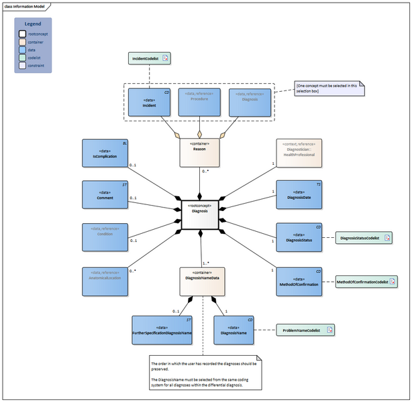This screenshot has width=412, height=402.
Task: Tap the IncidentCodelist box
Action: [x=149, y=58]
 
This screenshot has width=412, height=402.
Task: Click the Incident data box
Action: [x=149, y=102]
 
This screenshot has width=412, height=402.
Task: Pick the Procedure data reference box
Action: [x=199, y=102]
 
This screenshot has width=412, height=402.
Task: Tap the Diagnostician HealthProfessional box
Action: [x=299, y=153]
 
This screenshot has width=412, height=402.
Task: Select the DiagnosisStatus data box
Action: [x=299, y=237]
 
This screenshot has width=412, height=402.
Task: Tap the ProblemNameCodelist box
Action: [x=306, y=330]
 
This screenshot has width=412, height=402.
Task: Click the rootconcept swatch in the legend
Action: [x=21, y=33]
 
